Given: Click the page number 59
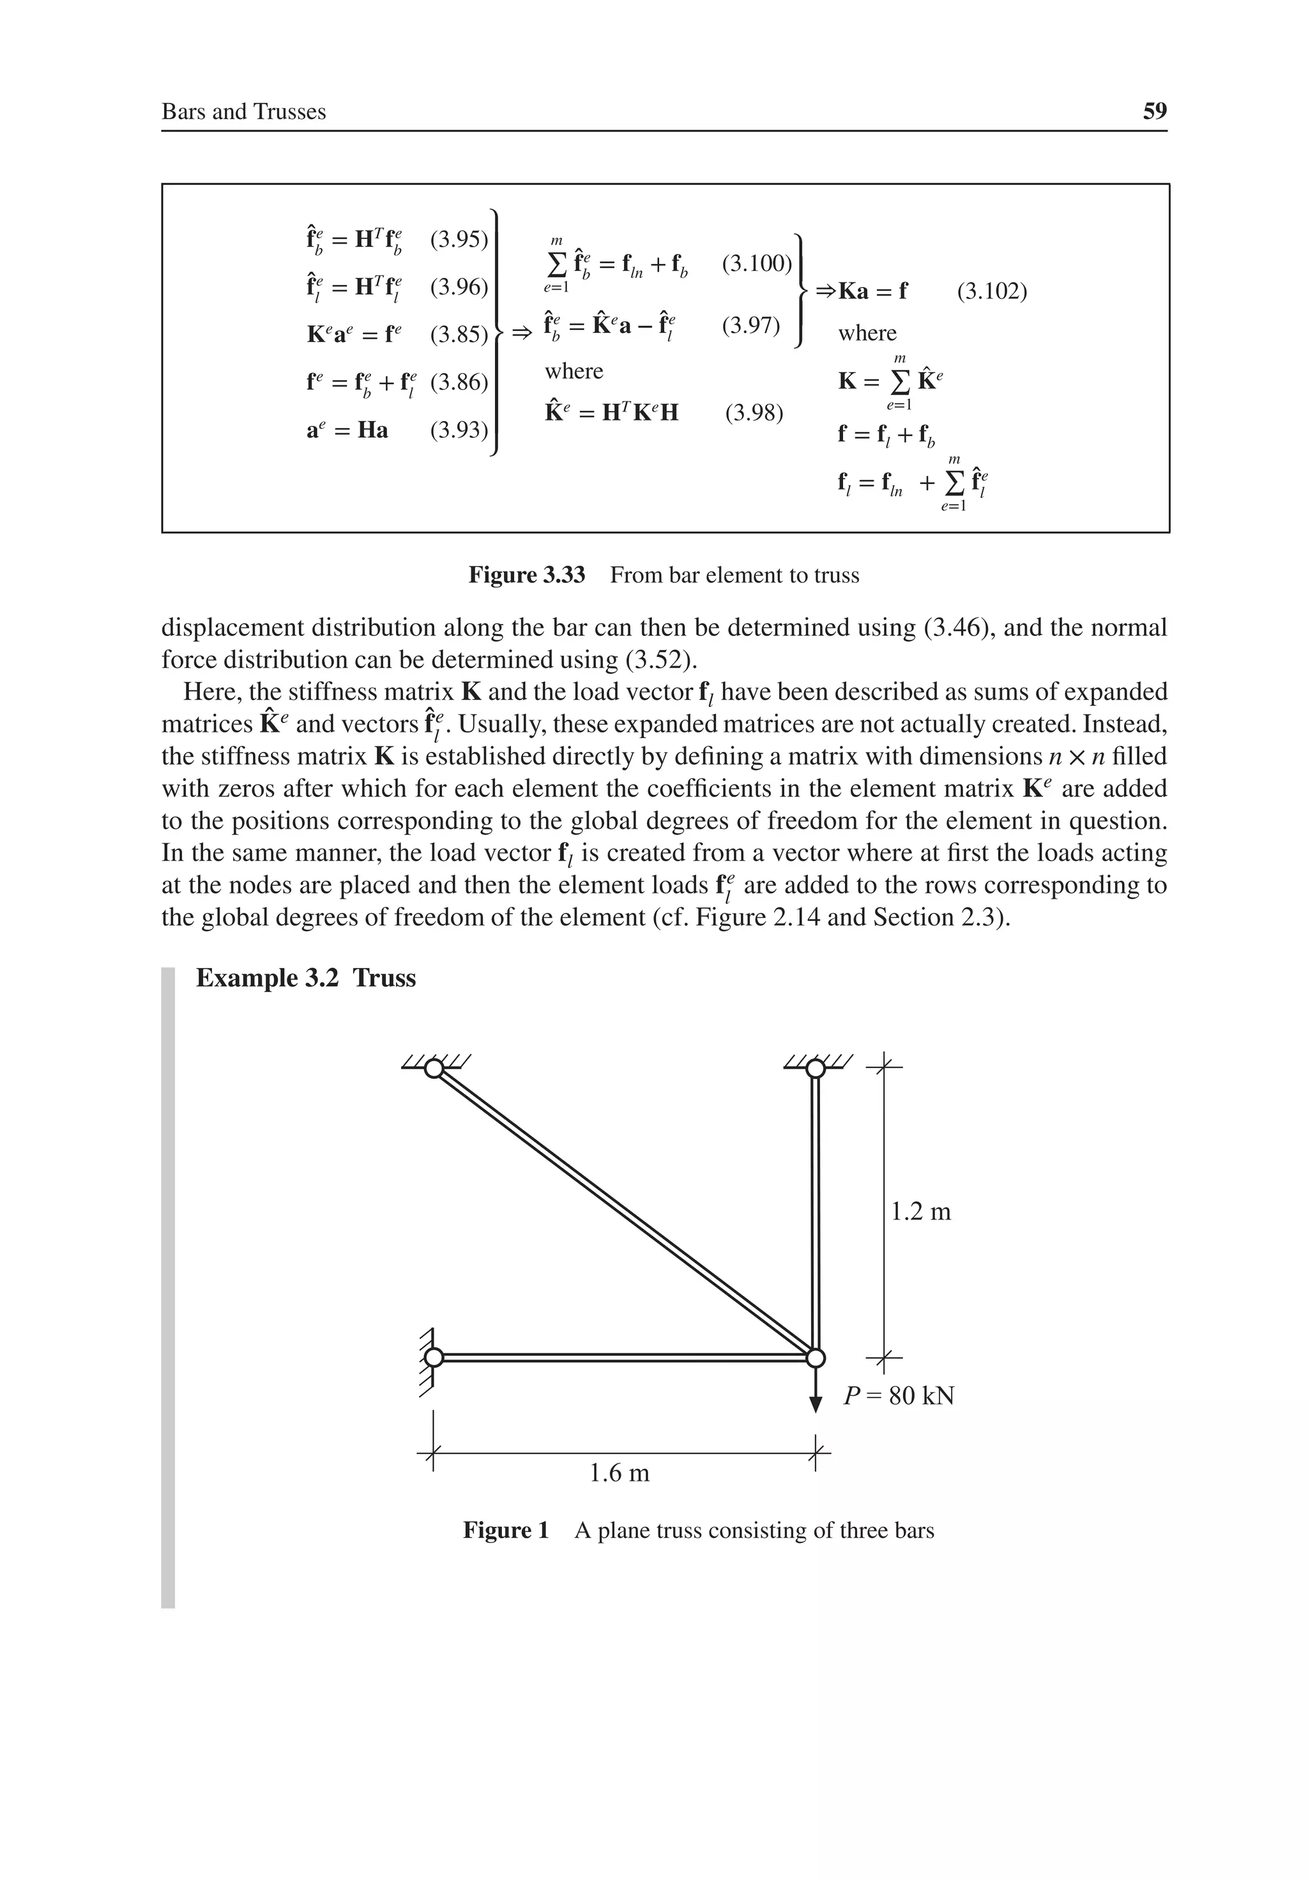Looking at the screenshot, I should click(x=1154, y=111).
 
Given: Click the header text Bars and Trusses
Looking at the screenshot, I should click(x=244, y=112).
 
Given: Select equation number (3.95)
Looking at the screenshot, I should click(x=458, y=240).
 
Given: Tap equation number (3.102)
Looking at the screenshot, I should click(x=991, y=291).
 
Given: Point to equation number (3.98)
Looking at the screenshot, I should click(x=754, y=412).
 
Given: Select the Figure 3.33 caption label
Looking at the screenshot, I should click(x=527, y=575).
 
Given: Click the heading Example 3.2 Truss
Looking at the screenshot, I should click(x=306, y=978).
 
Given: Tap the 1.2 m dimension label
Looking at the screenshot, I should click(x=920, y=1211).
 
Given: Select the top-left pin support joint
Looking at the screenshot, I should click(x=434, y=1068).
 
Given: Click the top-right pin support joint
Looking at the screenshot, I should click(x=815, y=1068).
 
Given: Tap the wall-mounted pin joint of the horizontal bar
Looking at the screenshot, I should click(x=434, y=1357).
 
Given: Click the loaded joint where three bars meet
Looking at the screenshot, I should click(x=815, y=1357).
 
